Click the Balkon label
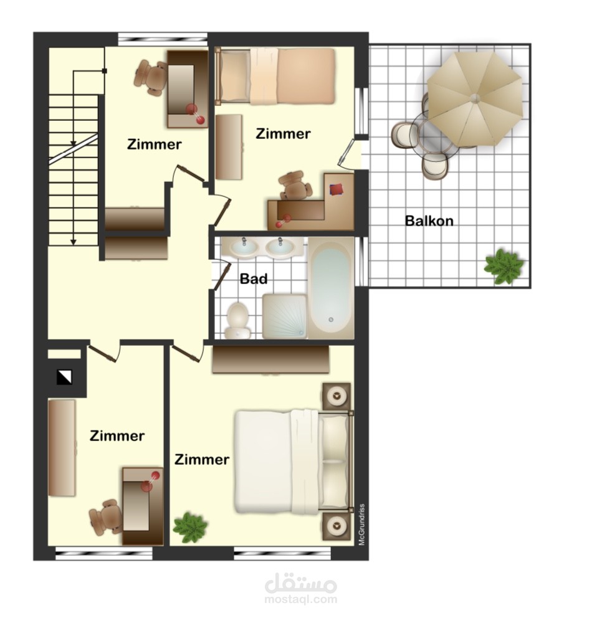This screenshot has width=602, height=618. pyautogui.click(x=429, y=221)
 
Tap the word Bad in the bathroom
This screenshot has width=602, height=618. pyautogui.click(x=254, y=279)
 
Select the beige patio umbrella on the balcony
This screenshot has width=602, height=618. pyautogui.click(x=475, y=98)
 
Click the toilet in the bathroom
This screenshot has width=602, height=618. pyautogui.click(x=237, y=320)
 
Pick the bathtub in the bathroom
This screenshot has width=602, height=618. pyautogui.click(x=330, y=287)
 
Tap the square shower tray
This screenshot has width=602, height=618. pyautogui.click(x=284, y=316)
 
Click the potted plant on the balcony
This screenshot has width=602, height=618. pyautogui.click(x=504, y=266)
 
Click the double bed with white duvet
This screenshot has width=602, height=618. pyautogui.click(x=294, y=462)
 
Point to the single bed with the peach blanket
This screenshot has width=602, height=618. pyautogui.click(x=275, y=76)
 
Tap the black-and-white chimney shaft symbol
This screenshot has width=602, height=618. pyautogui.click(x=64, y=377)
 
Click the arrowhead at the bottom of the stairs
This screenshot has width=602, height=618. pyautogui.click(x=74, y=242)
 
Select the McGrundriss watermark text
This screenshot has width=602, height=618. pyautogui.click(x=362, y=525)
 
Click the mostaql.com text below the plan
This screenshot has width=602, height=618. pyautogui.click(x=301, y=599)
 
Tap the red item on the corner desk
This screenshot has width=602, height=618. pyautogui.click(x=337, y=189)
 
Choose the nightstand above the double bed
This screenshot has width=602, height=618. pyautogui.click(x=337, y=396)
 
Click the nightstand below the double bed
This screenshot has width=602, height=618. pyautogui.click(x=337, y=526)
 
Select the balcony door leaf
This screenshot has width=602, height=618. pyautogui.click(x=345, y=153)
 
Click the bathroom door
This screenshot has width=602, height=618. pyautogui.click(x=222, y=276)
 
